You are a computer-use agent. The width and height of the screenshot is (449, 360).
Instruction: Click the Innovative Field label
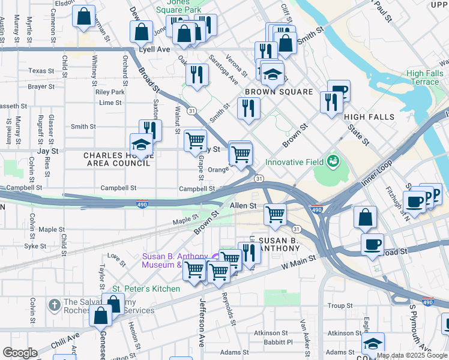(x=294, y=162)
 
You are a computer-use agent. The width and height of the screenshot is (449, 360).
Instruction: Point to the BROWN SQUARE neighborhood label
(x=279, y=92)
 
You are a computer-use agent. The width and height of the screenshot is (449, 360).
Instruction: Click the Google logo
(x=20, y=352)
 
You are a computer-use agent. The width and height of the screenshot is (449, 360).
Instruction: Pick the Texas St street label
(x=41, y=71)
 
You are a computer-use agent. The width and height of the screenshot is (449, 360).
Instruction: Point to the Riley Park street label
(x=110, y=92)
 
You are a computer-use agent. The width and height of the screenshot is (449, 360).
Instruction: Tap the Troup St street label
(x=340, y=306)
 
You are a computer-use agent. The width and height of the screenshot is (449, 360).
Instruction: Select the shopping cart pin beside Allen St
(x=275, y=213)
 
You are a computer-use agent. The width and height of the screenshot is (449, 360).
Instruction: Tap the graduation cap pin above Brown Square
(x=272, y=74)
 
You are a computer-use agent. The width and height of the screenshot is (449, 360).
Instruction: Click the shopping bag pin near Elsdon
(x=84, y=16)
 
